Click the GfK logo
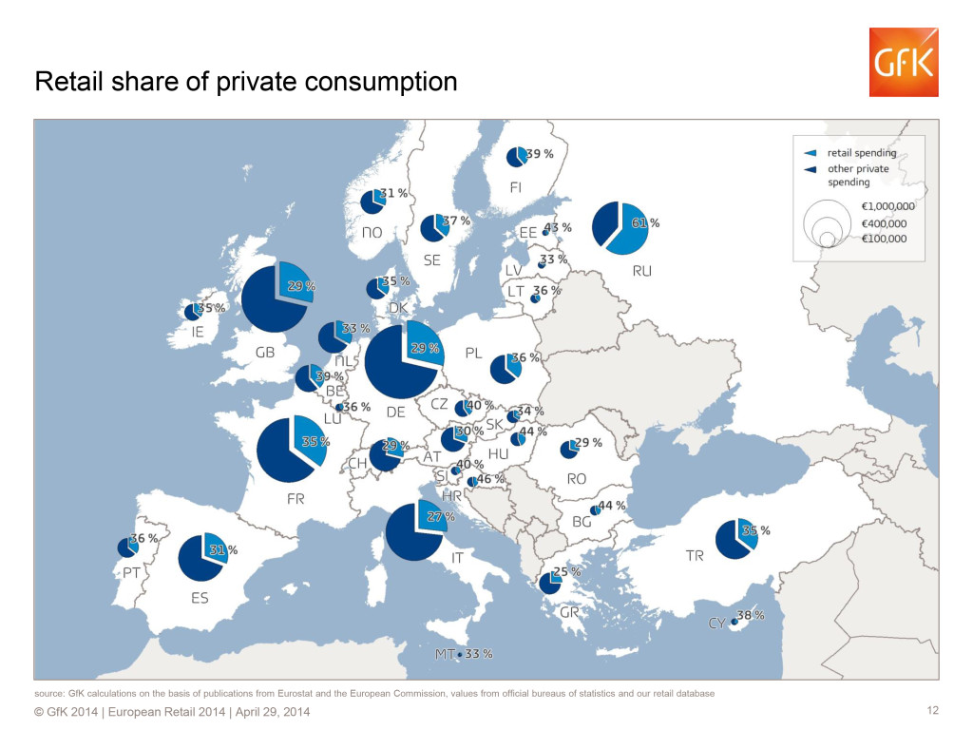(x=903, y=62)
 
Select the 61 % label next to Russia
(x=648, y=222)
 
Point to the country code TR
(x=695, y=555)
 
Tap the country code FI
(x=515, y=187)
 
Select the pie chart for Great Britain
(x=277, y=297)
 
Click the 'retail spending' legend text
(x=862, y=152)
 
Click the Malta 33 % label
(x=479, y=654)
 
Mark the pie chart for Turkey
(x=737, y=539)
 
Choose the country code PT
(x=131, y=573)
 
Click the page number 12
(x=932, y=711)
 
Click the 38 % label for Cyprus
(x=751, y=615)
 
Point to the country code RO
(x=576, y=479)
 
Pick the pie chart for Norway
(x=372, y=202)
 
